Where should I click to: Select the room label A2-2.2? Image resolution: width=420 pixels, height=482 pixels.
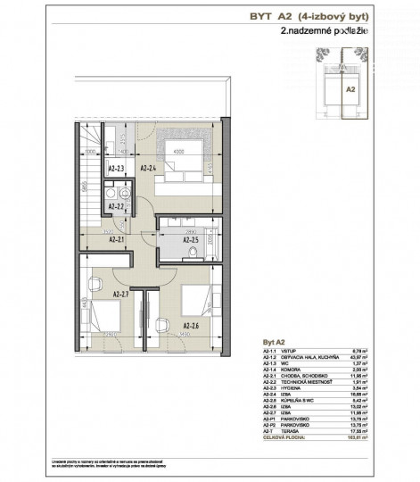pyautogui.click(x=117, y=206)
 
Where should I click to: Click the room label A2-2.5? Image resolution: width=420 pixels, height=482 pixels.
pyautogui.click(x=190, y=240)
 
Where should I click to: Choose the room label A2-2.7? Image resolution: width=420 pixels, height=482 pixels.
pyautogui.click(x=122, y=293)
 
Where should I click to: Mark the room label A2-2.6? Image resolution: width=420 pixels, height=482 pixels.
pyautogui.click(x=191, y=326)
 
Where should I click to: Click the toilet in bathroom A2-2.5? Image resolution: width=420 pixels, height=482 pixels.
pyautogui.click(x=194, y=253)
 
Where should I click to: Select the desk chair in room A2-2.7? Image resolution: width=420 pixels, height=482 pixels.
pyautogui.click(x=94, y=287)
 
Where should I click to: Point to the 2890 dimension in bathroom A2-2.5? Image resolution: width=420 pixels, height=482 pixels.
pyautogui.click(x=190, y=230)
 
